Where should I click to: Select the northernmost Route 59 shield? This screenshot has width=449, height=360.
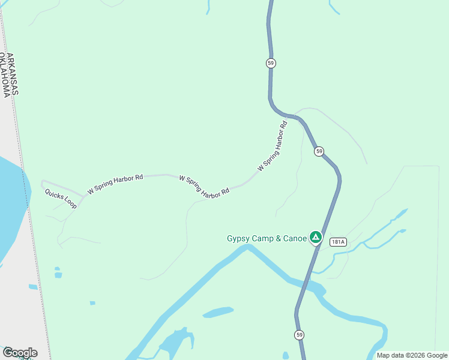272,63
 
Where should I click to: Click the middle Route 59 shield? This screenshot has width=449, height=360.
319,151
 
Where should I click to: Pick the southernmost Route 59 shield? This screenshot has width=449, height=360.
300,334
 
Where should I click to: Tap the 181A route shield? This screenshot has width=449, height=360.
338,242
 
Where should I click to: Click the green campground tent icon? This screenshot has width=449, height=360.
315,237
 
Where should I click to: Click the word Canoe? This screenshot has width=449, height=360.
294,238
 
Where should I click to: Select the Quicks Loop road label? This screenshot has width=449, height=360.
61,199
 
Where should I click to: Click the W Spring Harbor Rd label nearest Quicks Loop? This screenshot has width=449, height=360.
115,184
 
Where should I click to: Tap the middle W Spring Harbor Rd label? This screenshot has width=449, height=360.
204,187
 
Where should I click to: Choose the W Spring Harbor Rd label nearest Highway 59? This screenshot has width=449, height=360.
273,147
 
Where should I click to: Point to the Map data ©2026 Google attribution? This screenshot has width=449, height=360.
412,355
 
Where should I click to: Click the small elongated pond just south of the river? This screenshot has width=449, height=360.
218,312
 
